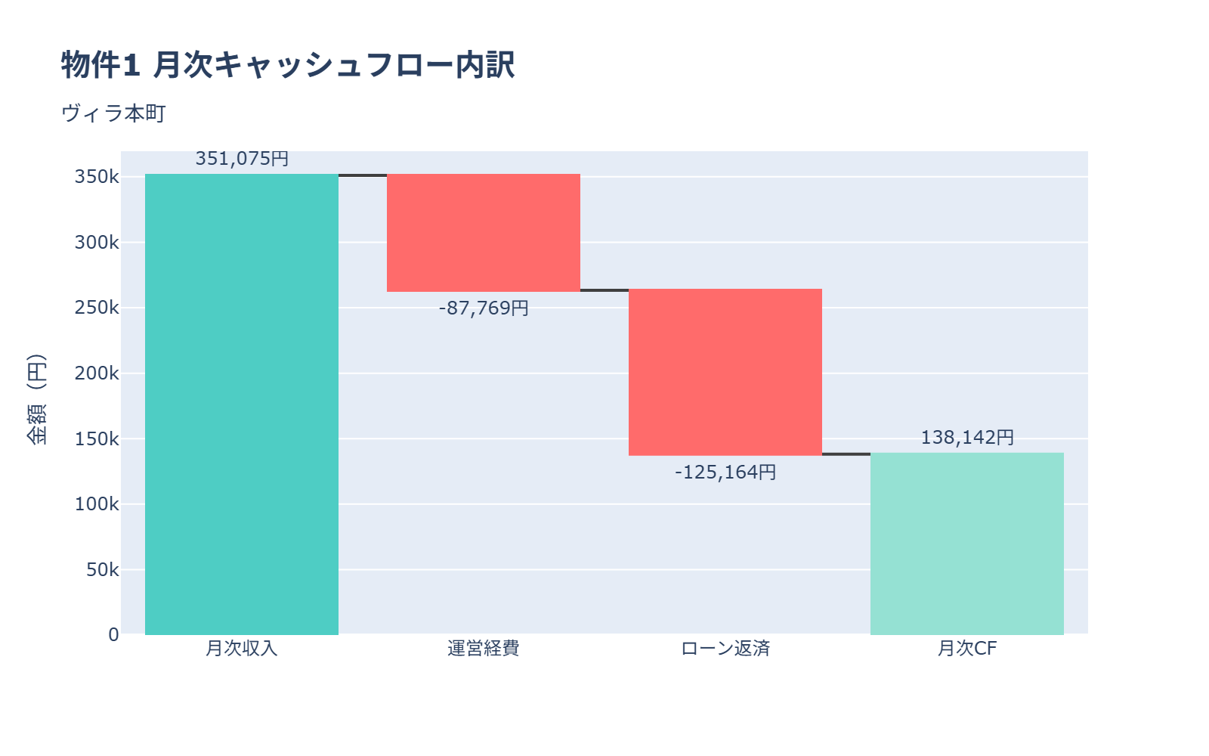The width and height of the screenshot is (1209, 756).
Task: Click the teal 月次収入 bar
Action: pyautogui.click(x=242, y=404)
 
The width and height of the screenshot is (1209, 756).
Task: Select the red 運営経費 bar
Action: pyautogui.click(x=484, y=233)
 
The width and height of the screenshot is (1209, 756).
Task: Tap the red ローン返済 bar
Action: pyautogui.click(x=725, y=372)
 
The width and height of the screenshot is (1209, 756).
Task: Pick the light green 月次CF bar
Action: pyautogui.click(x=967, y=544)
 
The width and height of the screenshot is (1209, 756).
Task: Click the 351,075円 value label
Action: pyautogui.click(x=242, y=159)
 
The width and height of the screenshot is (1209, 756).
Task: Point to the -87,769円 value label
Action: pyautogui.click(x=484, y=308)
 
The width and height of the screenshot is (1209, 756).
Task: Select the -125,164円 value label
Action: pyautogui.click(x=725, y=472)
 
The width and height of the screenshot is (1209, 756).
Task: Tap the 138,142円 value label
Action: pyautogui.click(x=967, y=438)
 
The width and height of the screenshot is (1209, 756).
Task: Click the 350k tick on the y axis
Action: pyautogui.click(x=97, y=177)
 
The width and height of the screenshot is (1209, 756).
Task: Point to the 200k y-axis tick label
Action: pyautogui.click(x=97, y=373)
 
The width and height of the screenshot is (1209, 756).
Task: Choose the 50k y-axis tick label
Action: pyautogui.click(x=102, y=570)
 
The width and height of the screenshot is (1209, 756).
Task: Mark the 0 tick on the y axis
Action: pyautogui.click(x=113, y=635)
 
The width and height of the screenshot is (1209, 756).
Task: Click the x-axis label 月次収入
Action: pyautogui.click(x=242, y=649)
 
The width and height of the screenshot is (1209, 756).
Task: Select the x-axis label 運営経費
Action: pyautogui.click(x=484, y=649)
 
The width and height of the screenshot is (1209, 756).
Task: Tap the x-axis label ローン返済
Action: pyautogui.click(x=725, y=649)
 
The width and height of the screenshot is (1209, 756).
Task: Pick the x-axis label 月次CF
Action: pyautogui.click(x=967, y=649)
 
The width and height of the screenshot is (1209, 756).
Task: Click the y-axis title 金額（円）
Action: pyautogui.click(x=36, y=399)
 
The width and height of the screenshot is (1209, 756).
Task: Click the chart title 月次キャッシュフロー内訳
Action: pyautogui.click(x=288, y=65)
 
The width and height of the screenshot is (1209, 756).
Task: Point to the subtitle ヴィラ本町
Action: pyautogui.click(x=113, y=113)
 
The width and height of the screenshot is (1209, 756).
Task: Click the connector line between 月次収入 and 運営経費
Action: pyautogui.click(x=363, y=175)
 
